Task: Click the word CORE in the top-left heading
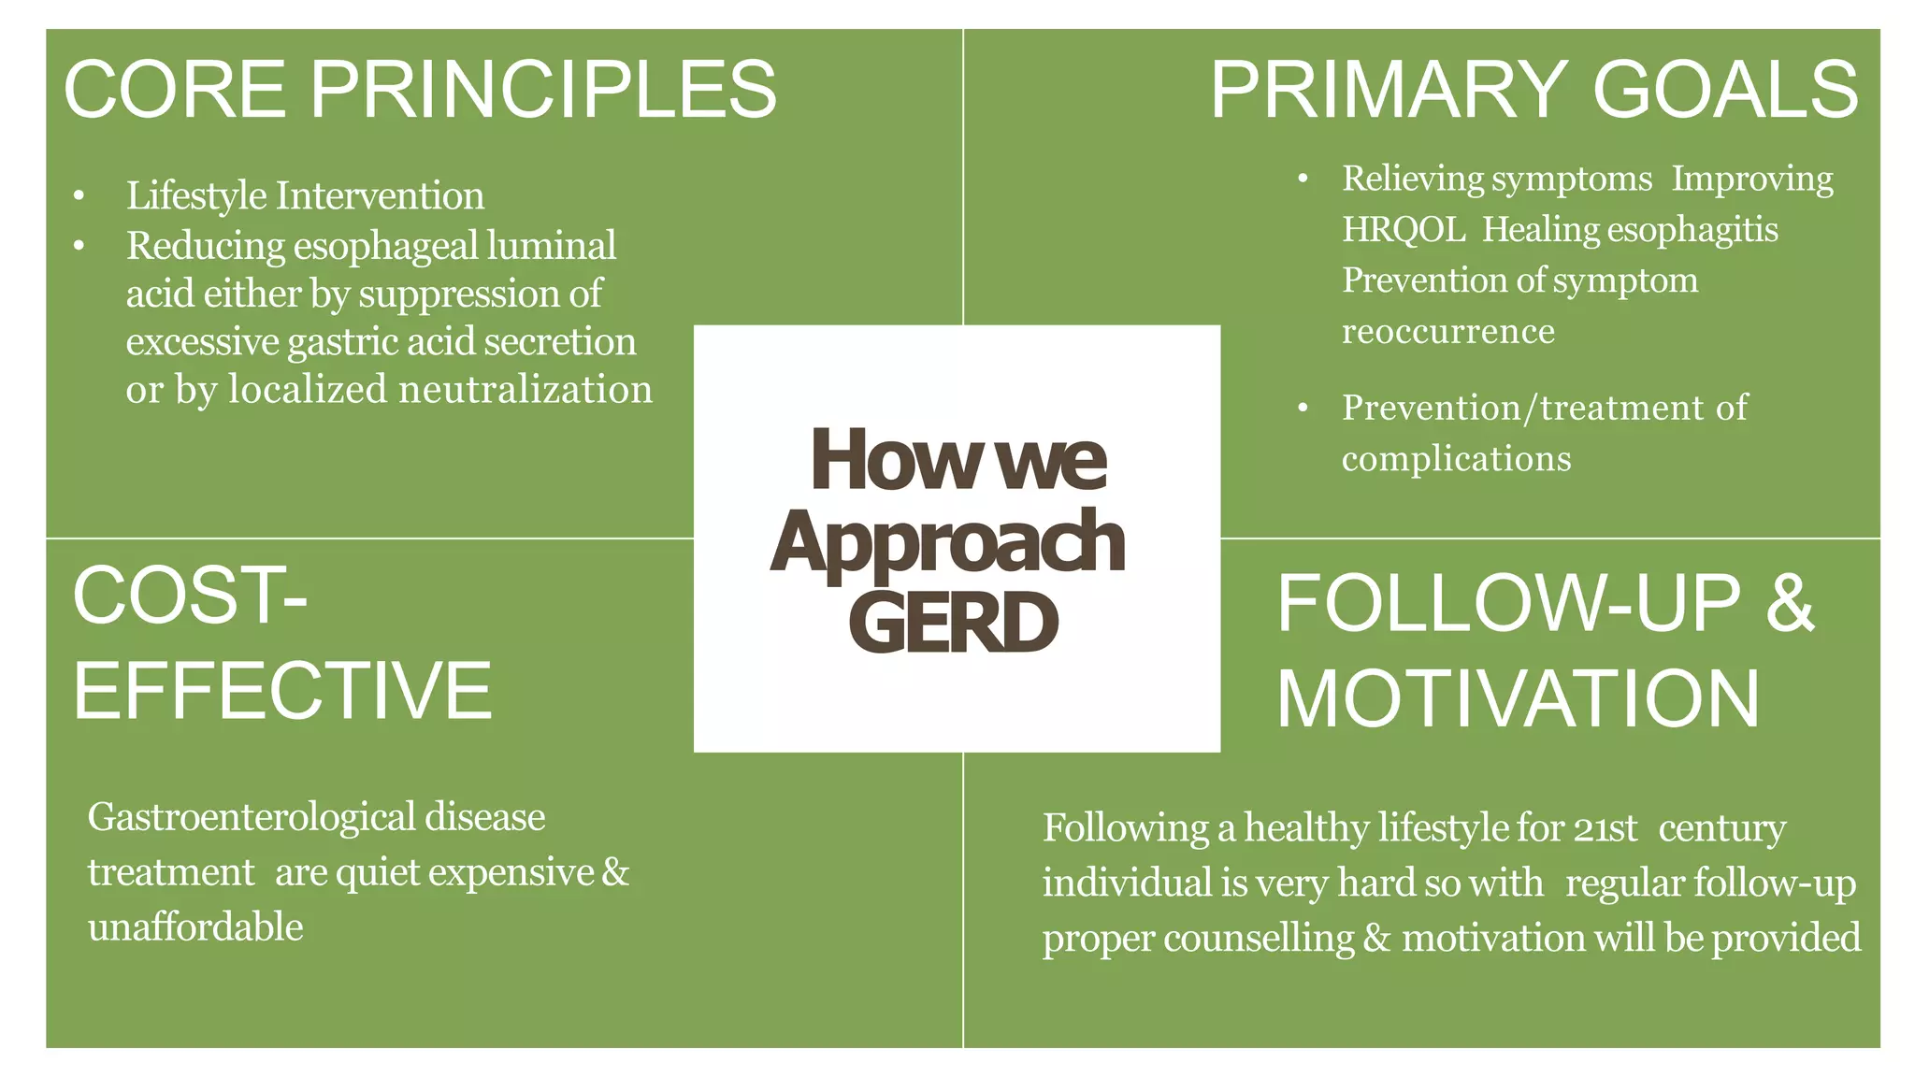click(175, 90)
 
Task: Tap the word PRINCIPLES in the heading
click(543, 90)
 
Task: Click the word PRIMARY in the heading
click(1389, 90)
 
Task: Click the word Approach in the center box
click(947, 542)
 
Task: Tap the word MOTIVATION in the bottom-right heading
click(1518, 699)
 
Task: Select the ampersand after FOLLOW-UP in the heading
click(1790, 603)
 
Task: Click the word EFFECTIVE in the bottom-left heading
click(282, 691)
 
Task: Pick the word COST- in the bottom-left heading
click(190, 596)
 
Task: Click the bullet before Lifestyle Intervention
click(79, 196)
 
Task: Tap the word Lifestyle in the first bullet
click(196, 196)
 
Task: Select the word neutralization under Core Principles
click(525, 389)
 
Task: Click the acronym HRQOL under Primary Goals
click(1404, 230)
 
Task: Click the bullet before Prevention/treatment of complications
click(1303, 409)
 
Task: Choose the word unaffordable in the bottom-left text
click(195, 927)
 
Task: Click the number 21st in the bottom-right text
click(1605, 828)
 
